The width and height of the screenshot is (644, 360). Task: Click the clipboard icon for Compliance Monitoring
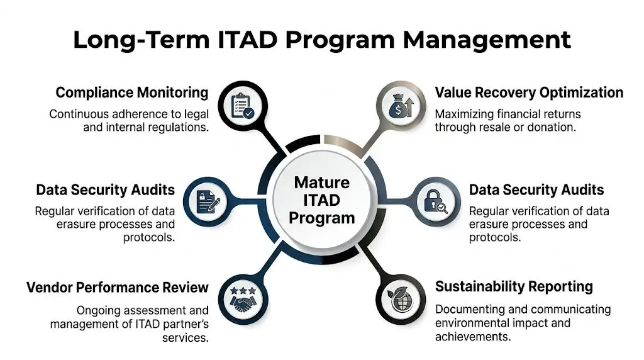click(x=242, y=106)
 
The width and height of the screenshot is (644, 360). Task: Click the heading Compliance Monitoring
click(x=132, y=93)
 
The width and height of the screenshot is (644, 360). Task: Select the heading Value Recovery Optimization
click(x=529, y=93)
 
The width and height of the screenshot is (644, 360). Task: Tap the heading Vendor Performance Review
click(x=118, y=288)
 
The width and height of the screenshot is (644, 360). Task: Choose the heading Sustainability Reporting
click(x=514, y=287)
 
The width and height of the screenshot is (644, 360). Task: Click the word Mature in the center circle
click(x=322, y=183)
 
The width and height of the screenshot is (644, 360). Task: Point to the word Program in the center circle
click(x=322, y=218)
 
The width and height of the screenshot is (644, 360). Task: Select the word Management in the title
click(x=487, y=39)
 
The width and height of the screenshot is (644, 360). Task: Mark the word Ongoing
click(x=99, y=310)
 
